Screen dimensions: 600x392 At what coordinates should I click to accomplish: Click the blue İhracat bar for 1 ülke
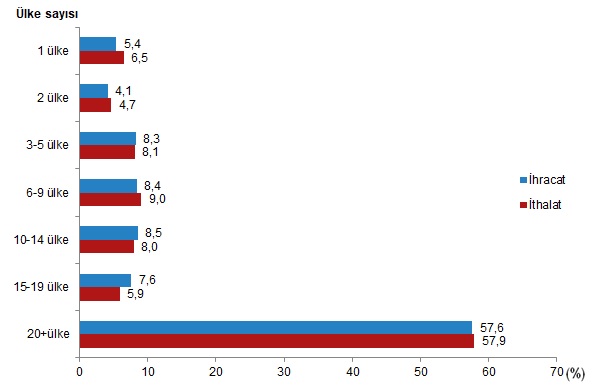click(98, 44)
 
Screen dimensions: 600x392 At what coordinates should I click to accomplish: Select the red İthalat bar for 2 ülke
click(95, 105)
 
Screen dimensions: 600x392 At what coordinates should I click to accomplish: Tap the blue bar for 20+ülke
click(276, 328)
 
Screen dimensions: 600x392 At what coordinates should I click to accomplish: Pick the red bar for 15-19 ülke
click(100, 294)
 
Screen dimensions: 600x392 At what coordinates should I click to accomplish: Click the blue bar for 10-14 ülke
click(109, 233)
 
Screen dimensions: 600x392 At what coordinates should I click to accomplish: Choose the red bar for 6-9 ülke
click(110, 199)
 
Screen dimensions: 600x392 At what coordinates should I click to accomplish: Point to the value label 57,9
click(494, 341)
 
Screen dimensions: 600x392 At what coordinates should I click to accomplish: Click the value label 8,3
click(152, 139)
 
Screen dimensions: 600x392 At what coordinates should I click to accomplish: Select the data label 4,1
click(123, 91)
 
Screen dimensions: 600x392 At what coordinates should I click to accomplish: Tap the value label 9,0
click(157, 199)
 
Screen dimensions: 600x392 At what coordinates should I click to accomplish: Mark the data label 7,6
click(147, 280)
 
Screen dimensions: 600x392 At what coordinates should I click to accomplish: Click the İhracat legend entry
click(543, 180)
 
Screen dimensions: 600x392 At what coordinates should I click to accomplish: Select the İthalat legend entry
click(541, 205)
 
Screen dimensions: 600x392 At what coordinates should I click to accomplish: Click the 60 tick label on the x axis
click(489, 372)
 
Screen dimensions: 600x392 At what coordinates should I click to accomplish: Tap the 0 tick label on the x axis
click(79, 372)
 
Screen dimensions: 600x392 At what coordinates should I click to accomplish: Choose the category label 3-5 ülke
click(47, 145)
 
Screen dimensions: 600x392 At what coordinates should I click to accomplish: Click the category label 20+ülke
click(48, 334)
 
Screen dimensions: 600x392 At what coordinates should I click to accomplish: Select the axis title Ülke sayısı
click(47, 14)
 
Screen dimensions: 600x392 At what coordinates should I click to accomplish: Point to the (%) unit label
click(575, 373)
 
